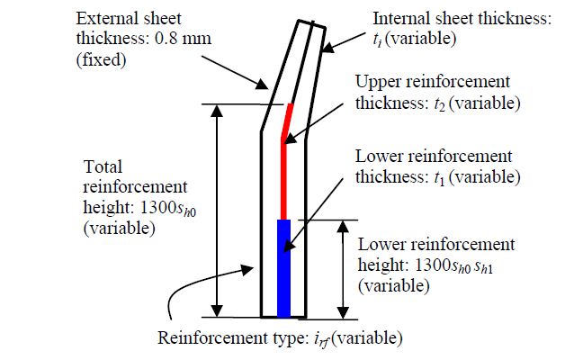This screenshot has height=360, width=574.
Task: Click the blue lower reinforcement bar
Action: pos(284,267)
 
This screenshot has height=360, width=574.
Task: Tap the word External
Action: pos(107,17)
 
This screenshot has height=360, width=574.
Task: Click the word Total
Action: pos(102,167)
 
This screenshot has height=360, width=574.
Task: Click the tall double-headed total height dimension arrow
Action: pos(216,211)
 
